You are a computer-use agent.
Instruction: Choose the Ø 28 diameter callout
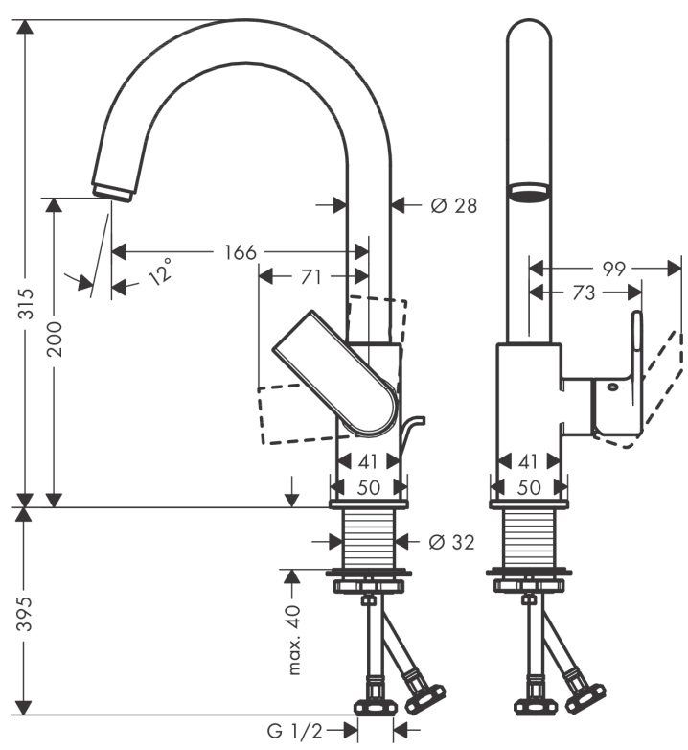pyautogui.click(x=452, y=204)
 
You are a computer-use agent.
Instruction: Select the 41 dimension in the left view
pyautogui.click(x=369, y=461)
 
